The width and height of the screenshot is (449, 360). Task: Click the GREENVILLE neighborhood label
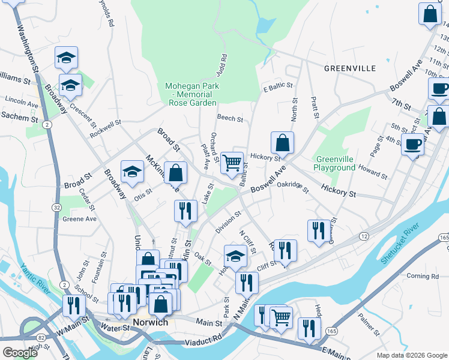click(x=350, y=68)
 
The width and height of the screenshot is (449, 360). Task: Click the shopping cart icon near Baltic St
click(x=232, y=161)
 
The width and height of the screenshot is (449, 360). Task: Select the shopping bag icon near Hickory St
click(x=282, y=142)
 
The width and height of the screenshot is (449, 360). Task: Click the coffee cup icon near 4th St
click(x=412, y=144)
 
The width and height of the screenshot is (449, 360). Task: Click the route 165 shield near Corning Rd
click(x=444, y=238)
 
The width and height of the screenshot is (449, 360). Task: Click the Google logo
click(x=20, y=353)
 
